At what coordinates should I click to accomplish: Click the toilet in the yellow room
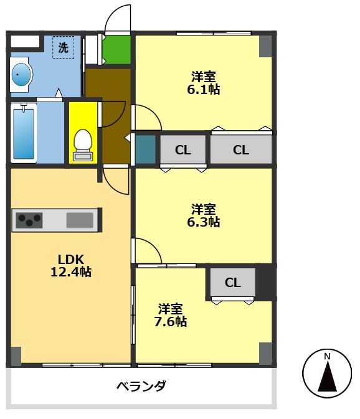[x=83, y=143]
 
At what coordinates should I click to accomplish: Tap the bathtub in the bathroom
[x=24, y=133]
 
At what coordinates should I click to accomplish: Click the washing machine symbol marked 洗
[x=63, y=47]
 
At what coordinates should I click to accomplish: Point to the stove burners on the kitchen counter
[x=29, y=219]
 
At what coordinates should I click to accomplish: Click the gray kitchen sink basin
[x=79, y=219]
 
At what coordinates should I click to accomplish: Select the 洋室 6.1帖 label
[x=204, y=83]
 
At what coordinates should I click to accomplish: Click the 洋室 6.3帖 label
[x=205, y=215]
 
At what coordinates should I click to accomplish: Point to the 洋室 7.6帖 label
[x=171, y=315]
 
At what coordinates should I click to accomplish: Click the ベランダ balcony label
[x=141, y=386]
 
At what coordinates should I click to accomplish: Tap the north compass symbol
[x=326, y=374]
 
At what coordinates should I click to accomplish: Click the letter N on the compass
[x=327, y=356]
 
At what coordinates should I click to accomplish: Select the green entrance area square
[x=116, y=50]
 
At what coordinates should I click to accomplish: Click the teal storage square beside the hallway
[x=144, y=149]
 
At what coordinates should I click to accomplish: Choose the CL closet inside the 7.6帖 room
[x=232, y=283]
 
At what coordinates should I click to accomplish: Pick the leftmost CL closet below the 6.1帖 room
[x=182, y=149]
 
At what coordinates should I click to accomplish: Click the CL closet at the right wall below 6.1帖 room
[x=240, y=149]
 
